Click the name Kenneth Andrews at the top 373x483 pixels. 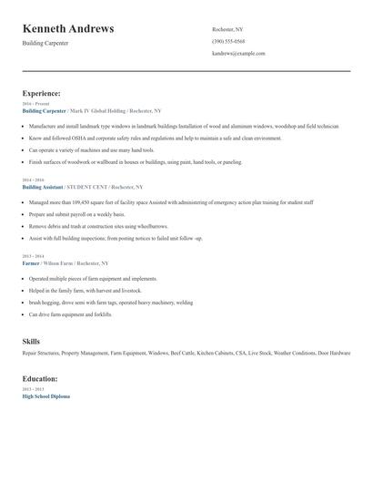click(x=68, y=28)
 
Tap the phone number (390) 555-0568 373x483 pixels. click(x=228, y=41)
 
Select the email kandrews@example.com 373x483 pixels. click(x=238, y=53)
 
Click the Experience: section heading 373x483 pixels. click(x=42, y=93)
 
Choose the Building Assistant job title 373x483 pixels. click(x=44, y=186)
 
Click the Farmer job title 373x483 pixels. click(x=32, y=262)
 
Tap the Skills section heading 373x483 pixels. click(x=31, y=341)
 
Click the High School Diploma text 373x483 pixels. click(x=45, y=396)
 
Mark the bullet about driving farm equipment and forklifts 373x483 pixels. click(x=70, y=313)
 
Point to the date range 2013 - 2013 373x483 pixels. click(x=34, y=390)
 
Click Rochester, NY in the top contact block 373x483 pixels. click(x=227, y=29)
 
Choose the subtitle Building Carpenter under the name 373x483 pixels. click(x=44, y=43)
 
